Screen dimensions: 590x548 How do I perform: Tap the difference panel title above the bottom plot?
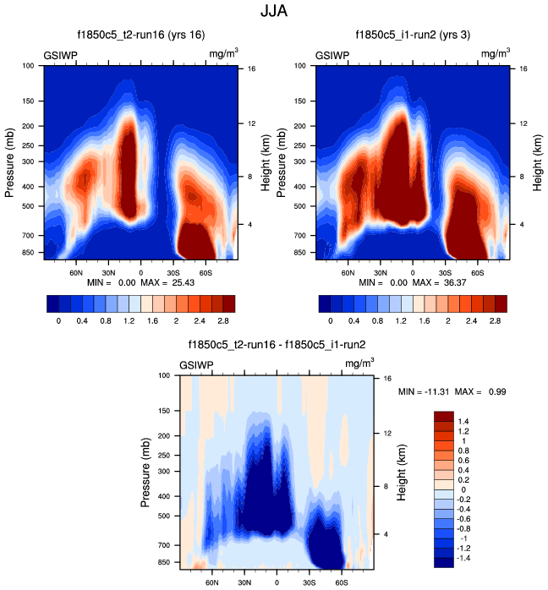(275, 345)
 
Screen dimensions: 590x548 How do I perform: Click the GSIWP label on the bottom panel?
(196, 365)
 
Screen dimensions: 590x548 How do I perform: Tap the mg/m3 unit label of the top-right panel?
(496, 54)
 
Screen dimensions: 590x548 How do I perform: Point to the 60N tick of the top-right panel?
(348, 273)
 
